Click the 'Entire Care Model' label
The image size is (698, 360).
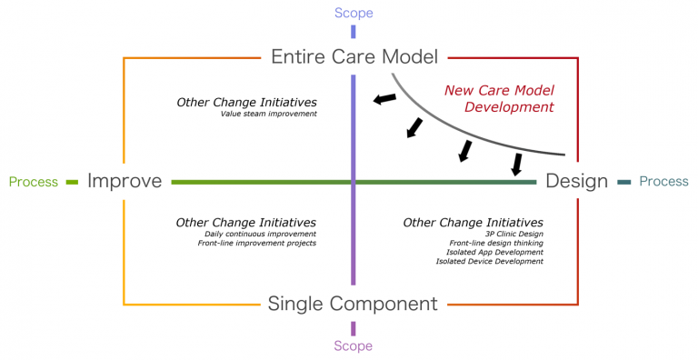(x=354, y=56)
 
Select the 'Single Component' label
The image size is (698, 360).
(x=353, y=303)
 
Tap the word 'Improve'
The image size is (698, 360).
(x=125, y=181)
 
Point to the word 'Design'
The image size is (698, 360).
(x=576, y=181)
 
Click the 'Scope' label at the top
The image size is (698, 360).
(x=354, y=13)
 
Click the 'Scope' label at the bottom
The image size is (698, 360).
(x=353, y=345)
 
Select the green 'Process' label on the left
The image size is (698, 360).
(x=33, y=181)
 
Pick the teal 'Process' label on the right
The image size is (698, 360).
(x=663, y=181)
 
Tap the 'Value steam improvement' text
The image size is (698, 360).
(x=268, y=114)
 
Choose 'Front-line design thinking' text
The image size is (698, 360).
(x=496, y=244)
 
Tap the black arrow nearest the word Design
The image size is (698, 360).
(x=517, y=165)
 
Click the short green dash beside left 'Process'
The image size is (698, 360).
(x=73, y=182)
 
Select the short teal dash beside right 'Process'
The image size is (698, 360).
(x=624, y=182)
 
